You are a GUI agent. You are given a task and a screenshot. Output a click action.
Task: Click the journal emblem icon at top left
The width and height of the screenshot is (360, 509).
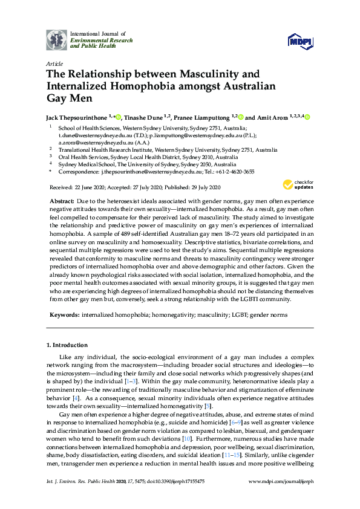tap(57, 39)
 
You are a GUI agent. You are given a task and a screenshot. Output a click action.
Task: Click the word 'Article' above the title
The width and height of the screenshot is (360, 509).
tap(53, 63)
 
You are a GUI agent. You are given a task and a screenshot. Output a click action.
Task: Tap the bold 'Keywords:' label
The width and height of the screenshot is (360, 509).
tap(64, 315)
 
